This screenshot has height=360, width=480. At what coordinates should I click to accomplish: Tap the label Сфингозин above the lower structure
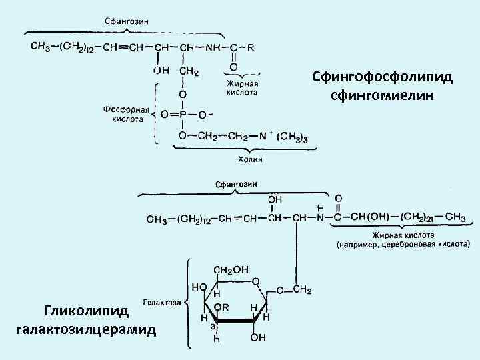(x=237, y=184)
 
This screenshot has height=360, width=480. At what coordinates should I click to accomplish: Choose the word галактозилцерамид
(x=86, y=329)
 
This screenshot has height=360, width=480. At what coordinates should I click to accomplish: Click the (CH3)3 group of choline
(x=293, y=137)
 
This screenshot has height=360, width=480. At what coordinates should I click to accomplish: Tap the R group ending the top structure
(x=250, y=47)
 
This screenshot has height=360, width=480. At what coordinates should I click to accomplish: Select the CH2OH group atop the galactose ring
(x=231, y=269)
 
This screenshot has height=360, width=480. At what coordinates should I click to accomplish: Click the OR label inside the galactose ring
(x=222, y=307)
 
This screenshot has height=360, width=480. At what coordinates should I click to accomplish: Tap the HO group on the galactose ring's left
(x=198, y=287)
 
